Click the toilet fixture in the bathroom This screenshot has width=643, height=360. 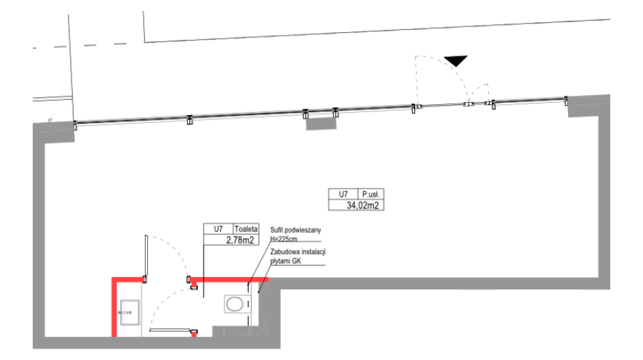pyautogui.click(x=129, y=312)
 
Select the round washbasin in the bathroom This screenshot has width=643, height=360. pyautogui.click(x=234, y=304)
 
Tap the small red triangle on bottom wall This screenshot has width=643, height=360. pyautogui.click(x=194, y=334)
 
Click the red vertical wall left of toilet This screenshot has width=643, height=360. pyautogui.click(x=114, y=307)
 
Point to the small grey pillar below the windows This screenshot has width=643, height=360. pyautogui.click(x=321, y=124)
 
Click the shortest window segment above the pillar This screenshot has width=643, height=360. pyautogui.click(x=321, y=111)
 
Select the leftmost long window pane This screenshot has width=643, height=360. pyautogui.click(x=131, y=121)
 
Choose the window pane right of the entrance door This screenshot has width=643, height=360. pyautogui.click(x=529, y=101)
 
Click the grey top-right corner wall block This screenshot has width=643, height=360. pyautogui.click(x=589, y=106)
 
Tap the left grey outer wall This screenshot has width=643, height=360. pyautogui.click(x=39, y=236)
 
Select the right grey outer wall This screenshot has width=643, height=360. pyautogui.click(x=604, y=193)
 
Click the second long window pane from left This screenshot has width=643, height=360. pyautogui.click(x=247, y=114)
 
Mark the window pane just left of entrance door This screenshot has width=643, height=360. pyautogui.click(x=374, y=109)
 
